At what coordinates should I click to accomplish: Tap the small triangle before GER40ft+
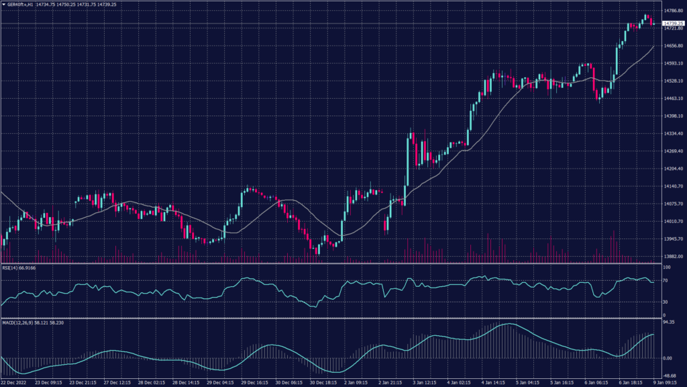coord(3,4)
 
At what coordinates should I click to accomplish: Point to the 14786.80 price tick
coord(672,11)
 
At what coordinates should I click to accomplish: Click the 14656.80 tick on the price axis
coord(672,46)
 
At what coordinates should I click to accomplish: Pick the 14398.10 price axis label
coord(672,116)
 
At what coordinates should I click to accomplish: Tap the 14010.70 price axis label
coord(672,221)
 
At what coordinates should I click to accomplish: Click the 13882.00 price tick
coord(672,256)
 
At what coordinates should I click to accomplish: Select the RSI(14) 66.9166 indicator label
coord(19,268)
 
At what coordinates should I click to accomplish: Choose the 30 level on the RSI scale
coord(666,302)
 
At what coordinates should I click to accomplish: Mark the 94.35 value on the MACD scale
coord(668,322)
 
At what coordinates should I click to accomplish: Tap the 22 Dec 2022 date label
coord(14,383)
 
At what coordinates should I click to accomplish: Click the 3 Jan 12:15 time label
coord(427,383)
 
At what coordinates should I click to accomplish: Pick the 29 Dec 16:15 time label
coord(256,383)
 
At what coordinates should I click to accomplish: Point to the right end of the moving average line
coord(654,46)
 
